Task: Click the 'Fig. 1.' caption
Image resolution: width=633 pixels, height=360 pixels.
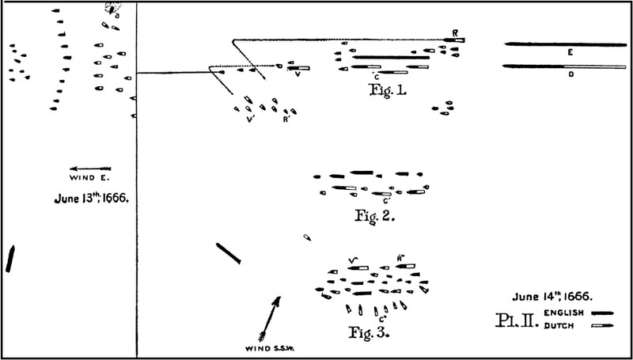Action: (x=387, y=89)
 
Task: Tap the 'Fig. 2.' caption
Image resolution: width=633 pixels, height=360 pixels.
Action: (x=374, y=215)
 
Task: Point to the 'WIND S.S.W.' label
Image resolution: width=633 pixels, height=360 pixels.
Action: (x=270, y=349)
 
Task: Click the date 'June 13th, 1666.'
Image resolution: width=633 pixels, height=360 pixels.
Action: (x=91, y=199)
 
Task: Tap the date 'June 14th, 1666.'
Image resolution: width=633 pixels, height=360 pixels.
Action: (x=552, y=297)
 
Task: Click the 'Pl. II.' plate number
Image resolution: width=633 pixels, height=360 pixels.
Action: (x=517, y=320)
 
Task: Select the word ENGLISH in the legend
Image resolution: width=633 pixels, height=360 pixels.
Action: (x=564, y=313)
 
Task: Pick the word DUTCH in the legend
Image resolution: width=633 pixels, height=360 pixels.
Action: (x=559, y=326)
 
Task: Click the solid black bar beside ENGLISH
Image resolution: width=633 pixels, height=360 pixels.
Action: (x=602, y=313)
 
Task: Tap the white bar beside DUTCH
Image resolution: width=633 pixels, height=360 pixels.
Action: (x=602, y=326)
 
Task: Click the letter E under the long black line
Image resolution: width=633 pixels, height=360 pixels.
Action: (x=570, y=52)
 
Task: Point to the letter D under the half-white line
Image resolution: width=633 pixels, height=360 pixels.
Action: (x=570, y=74)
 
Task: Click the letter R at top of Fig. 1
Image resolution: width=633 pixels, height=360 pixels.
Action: (x=455, y=33)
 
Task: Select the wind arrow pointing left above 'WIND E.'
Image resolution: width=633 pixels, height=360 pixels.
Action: (x=90, y=169)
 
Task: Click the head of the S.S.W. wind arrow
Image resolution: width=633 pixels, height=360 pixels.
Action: (x=277, y=300)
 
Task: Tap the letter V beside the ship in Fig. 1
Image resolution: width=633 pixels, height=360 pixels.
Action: (x=298, y=74)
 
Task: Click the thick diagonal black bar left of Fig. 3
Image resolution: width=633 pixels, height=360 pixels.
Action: (x=229, y=253)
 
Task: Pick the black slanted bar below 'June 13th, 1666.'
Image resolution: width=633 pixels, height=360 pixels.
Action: (x=10, y=259)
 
